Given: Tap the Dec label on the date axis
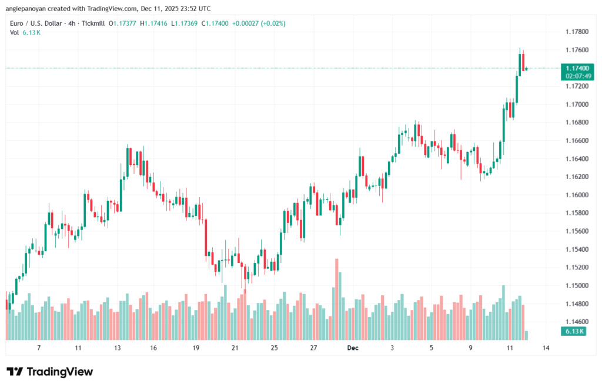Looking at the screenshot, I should coord(353,348).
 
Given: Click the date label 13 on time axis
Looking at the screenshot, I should coord(117,348).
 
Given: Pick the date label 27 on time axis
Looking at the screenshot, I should coord(313,348).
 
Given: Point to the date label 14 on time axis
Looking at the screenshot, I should coord(546,348).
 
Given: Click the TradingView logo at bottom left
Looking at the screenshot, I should coord(49,372).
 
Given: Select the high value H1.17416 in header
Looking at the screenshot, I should coord(155,23).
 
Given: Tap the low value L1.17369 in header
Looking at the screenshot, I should coord(185,23).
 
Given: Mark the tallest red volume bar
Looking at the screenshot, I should coord(337,299).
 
